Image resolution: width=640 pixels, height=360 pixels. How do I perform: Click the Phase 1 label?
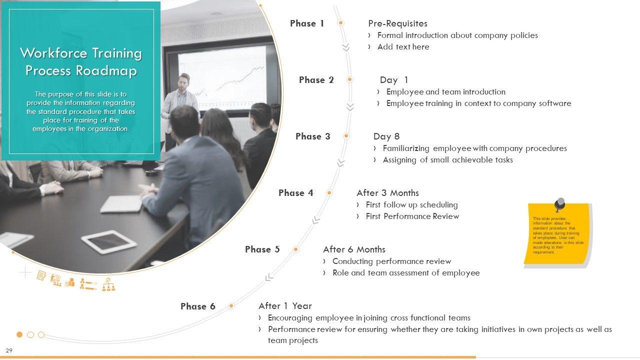(307, 23)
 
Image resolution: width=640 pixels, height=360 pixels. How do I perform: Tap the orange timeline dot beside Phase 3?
(346, 136)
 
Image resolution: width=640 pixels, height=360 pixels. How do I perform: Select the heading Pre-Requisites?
(397, 23)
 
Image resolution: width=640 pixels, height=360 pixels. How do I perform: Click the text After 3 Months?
(387, 193)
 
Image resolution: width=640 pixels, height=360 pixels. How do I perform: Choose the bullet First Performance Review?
(412, 216)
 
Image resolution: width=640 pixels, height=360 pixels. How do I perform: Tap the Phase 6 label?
(197, 306)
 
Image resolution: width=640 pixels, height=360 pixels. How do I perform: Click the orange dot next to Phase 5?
(295, 249)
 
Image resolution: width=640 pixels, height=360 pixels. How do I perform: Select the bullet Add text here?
(403, 47)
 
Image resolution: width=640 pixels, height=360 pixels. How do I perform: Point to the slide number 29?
(9, 350)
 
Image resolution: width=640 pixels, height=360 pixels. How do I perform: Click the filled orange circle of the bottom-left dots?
(19, 334)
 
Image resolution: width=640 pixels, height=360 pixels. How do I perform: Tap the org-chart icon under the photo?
(108, 284)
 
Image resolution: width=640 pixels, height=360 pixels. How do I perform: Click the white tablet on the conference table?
(108, 241)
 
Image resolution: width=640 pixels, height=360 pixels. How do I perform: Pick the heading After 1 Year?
(285, 306)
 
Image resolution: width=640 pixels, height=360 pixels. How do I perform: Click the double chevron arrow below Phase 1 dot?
(346, 47)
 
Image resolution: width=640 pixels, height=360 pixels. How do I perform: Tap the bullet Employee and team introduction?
(445, 91)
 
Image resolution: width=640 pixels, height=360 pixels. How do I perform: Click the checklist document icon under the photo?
(41, 275)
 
